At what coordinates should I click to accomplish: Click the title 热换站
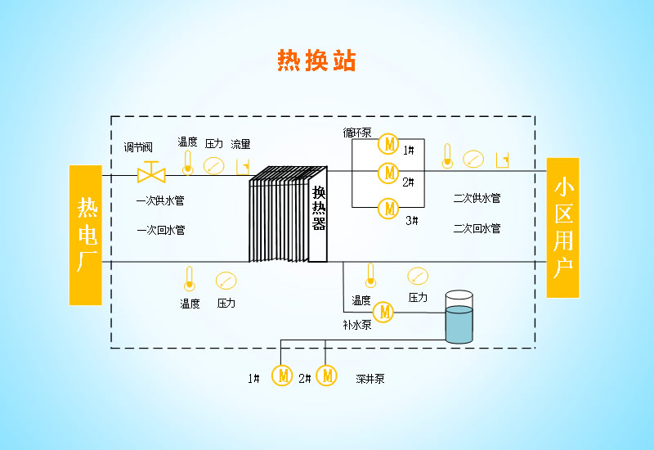(x=316, y=61)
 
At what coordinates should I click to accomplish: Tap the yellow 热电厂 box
(x=86, y=235)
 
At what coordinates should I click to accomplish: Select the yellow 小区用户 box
(x=562, y=227)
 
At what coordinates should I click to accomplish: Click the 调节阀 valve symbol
(x=151, y=173)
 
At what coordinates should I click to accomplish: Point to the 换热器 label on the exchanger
(x=318, y=209)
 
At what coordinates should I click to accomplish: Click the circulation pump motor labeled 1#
(x=388, y=145)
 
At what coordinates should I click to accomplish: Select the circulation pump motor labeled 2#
(x=388, y=173)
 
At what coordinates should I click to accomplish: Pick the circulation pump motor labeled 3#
(x=388, y=208)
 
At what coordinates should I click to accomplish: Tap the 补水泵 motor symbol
(x=383, y=312)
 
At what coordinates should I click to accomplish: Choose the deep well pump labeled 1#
(x=283, y=376)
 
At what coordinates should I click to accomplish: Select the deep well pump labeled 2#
(x=327, y=376)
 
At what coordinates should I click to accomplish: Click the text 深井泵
(x=370, y=379)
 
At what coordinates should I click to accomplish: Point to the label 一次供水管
(x=160, y=200)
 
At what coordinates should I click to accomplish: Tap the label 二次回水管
(x=477, y=228)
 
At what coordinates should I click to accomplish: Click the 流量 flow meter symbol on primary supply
(x=242, y=166)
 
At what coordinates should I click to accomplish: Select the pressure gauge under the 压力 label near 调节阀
(x=213, y=165)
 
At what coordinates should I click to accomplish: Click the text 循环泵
(x=357, y=133)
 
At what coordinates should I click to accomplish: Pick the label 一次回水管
(x=160, y=230)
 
